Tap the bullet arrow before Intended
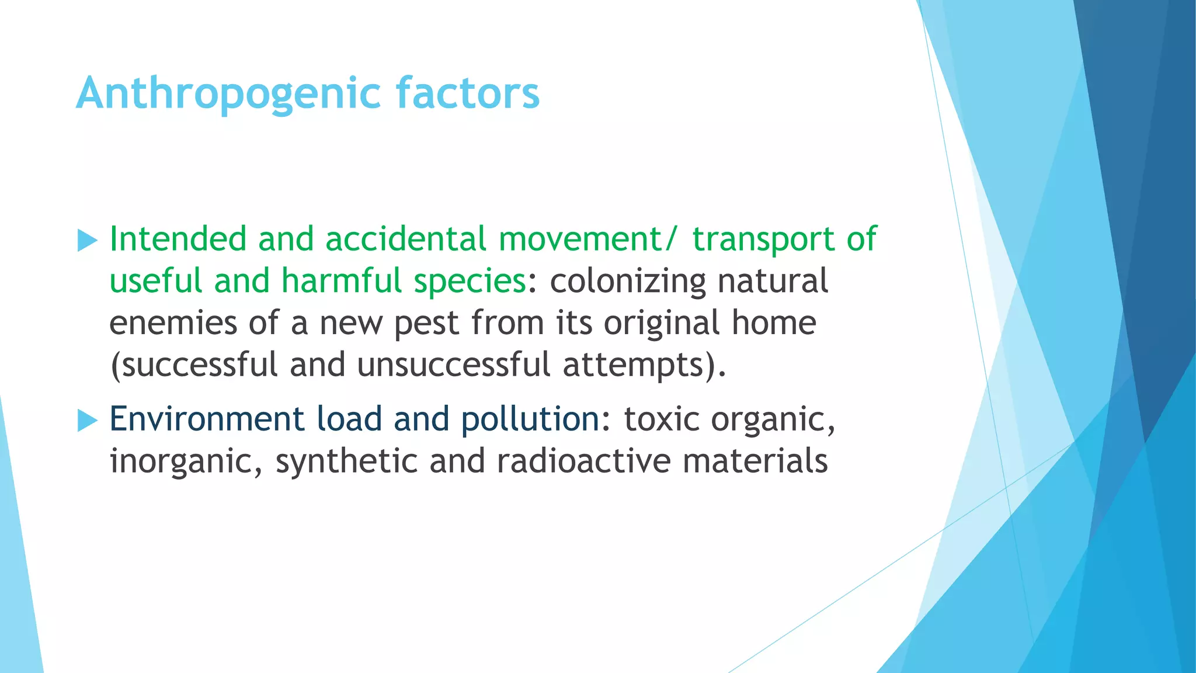click(x=87, y=241)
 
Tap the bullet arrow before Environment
click(x=87, y=421)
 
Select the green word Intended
click(x=178, y=239)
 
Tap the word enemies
click(x=173, y=323)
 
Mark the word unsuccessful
click(x=454, y=365)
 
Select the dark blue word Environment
click(x=207, y=419)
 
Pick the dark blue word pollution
click(x=530, y=419)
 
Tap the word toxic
click(x=661, y=419)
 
